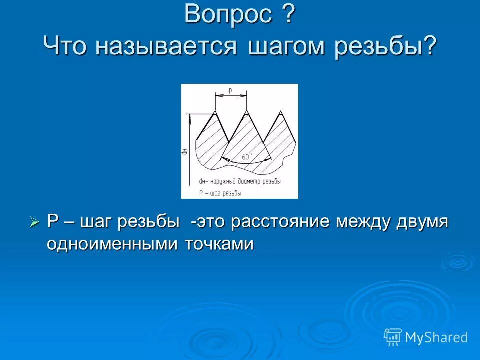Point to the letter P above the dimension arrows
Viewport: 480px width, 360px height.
pyautogui.click(x=230, y=91)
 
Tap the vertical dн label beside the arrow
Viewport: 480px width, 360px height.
pyautogui.click(x=184, y=150)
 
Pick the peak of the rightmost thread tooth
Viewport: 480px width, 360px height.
pyautogui.click(x=280, y=111)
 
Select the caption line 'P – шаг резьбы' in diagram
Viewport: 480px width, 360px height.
pyautogui.click(x=220, y=192)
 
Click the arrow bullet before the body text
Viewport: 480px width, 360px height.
pyautogui.click(x=34, y=222)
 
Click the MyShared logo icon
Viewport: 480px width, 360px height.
pyautogui.click(x=393, y=337)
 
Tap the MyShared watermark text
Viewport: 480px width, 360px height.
pyautogui.click(x=436, y=337)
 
